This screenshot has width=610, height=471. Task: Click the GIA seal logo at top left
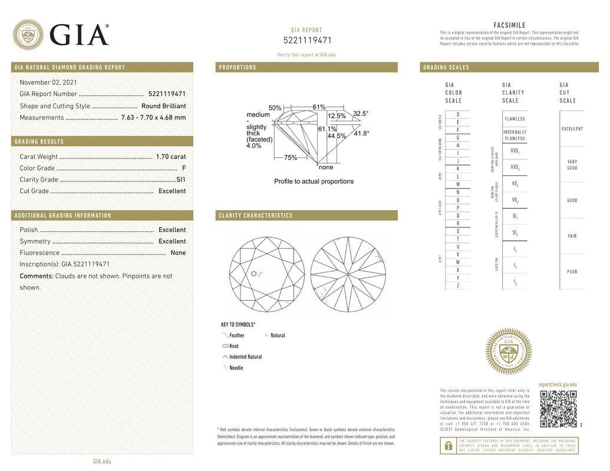[28, 35]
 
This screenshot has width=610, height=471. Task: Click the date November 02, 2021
[48, 82]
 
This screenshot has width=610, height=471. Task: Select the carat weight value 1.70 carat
[170, 157]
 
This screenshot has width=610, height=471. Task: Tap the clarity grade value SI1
[181, 180]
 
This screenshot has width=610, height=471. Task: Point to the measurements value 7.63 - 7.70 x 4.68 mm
[153, 117]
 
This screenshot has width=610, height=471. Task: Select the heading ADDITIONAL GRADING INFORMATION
[63, 215]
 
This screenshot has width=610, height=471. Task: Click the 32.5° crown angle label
[361, 114]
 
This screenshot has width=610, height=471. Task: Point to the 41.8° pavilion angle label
[361, 134]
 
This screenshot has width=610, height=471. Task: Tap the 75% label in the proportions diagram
[291, 158]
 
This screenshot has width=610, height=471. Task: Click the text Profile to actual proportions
[314, 181]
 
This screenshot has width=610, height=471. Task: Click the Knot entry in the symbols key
[233, 346]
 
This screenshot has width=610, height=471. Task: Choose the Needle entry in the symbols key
[235, 368]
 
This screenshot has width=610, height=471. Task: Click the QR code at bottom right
[558, 408]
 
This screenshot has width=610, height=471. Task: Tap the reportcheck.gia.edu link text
[557, 384]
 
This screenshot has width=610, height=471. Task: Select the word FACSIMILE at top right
[509, 25]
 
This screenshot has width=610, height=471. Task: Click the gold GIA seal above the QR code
[508, 351]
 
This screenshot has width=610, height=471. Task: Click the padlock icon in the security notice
[448, 446]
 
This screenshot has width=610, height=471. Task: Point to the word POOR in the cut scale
[572, 272]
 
